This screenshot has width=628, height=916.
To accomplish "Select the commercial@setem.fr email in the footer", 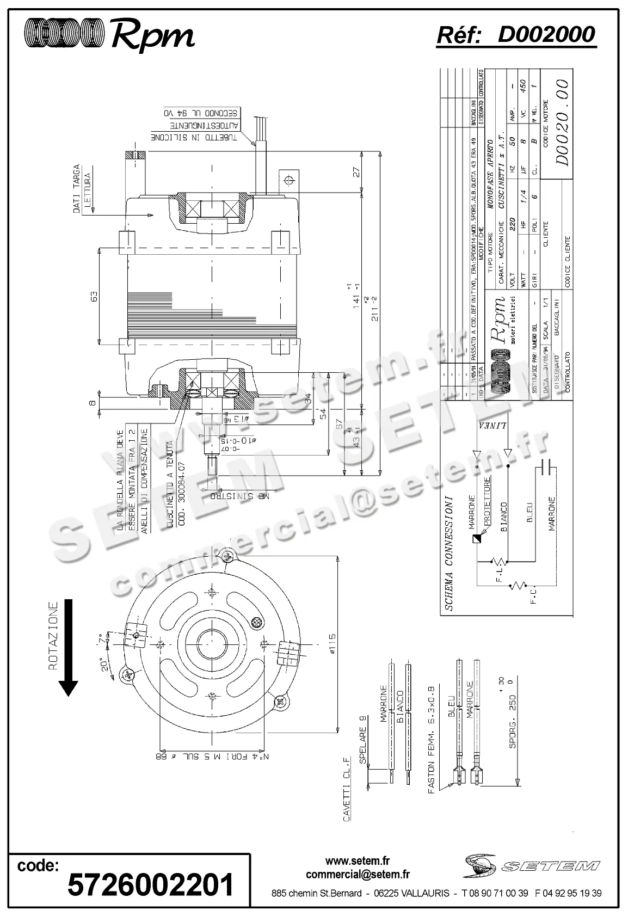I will click(x=358, y=875).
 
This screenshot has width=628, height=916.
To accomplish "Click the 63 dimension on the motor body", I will click(x=94, y=296).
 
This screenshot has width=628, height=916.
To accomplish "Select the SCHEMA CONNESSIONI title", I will click(x=449, y=553).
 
